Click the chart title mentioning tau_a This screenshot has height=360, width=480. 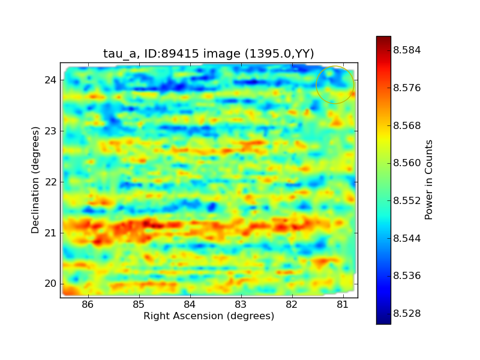pyautogui.click(x=208, y=53)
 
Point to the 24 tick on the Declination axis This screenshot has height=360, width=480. pyautogui.click(x=50, y=80)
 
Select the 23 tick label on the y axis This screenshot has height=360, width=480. pyautogui.click(x=50, y=131)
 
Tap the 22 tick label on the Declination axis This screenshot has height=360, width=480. pyautogui.click(x=50, y=182)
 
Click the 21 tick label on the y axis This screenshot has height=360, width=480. pyautogui.click(x=50, y=233)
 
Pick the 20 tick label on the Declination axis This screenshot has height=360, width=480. pyautogui.click(x=50, y=284)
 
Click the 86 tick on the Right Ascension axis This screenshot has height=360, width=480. pyautogui.click(x=88, y=305)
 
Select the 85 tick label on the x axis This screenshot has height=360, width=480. pyautogui.click(x=139, y=305)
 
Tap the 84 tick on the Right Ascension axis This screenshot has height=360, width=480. pyautogui.click(x=190, y=305)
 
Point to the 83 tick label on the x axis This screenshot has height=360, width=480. pyautogui.click(x=241, y=305)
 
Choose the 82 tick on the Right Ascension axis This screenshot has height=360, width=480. pyautogui.click(x=292, y=305)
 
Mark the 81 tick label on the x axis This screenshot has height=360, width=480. pyautogui.click(x=343, y=305)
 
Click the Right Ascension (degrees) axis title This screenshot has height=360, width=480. pyautogui.click(x=209, y=316)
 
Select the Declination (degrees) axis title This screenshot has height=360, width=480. pyautogui.click(x=35, y=180)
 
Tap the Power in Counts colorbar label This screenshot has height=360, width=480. pyautogui.click(x=428, y=180)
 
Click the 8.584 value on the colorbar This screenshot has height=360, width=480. pyautogui.click(x=407, y=50)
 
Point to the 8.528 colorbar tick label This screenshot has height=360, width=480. pyautogui.click(x=407, y=313)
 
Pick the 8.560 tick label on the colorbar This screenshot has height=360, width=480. pyautogui.click(x=407, y=163)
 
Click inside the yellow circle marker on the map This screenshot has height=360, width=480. pyautogui.click(x=335, y=85)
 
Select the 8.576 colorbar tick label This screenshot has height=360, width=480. pyautogui.click(x=407, y=88)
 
